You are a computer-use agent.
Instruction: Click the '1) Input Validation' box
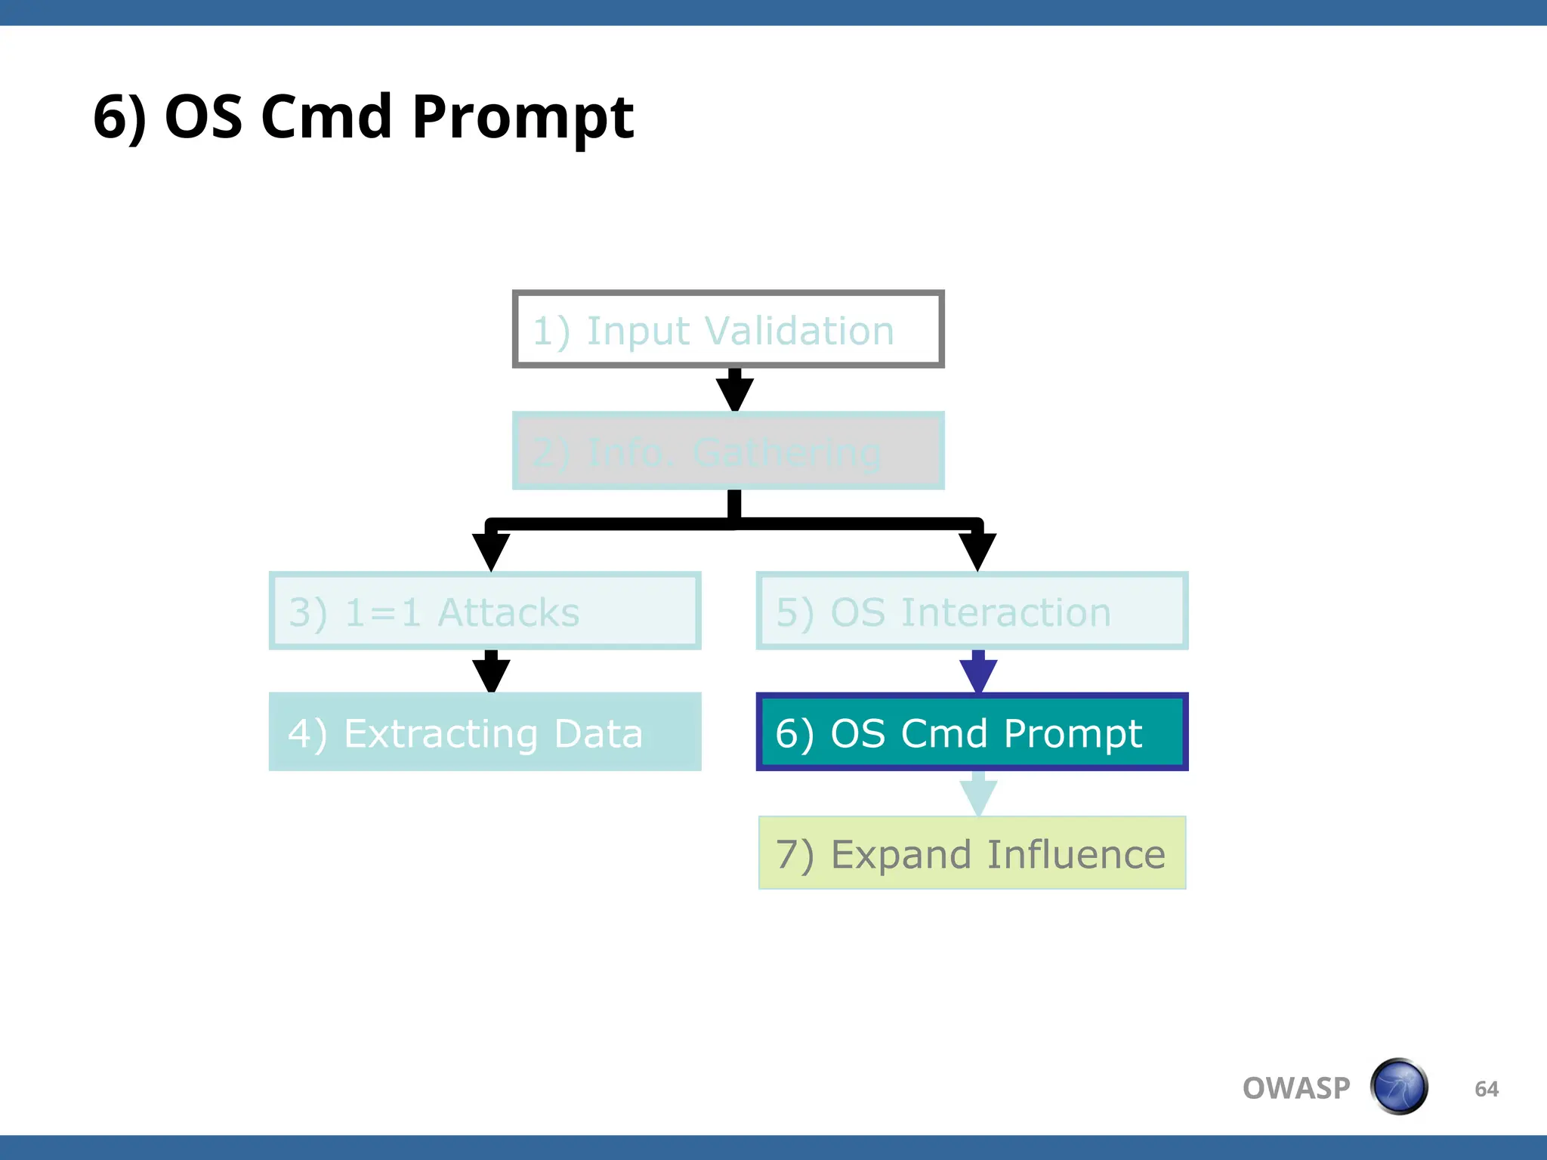coord(728,329)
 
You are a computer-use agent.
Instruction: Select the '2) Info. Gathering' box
coord(728,451)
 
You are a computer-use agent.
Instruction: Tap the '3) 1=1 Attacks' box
coord(485,611)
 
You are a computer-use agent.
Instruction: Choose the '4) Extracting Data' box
coord(485,732)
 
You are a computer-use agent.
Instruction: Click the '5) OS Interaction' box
coord(972,611)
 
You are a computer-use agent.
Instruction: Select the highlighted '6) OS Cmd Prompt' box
coord(972,732)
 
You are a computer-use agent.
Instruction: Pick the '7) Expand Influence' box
coord(972,853)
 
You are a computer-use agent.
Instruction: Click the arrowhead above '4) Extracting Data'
coord(491,674)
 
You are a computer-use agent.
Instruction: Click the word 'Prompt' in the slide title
coord(523,118)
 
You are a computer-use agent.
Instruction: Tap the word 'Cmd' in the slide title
coord(326,118)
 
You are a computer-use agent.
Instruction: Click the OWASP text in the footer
coord(1296,1088)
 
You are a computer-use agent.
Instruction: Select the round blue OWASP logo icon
coord(1399,1087)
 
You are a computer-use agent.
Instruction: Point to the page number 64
coord(1487,1089)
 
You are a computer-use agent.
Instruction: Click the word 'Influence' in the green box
coord(1076,855)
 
